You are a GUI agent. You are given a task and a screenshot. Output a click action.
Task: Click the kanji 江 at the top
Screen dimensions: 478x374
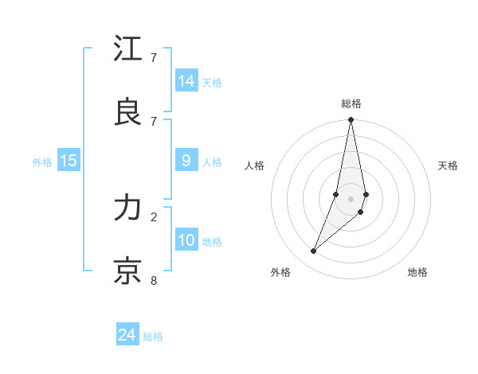pyautogui.click(x=128, y=49)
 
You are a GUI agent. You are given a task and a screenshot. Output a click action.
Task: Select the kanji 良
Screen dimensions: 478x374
pyautogui.click(x=128, y=111)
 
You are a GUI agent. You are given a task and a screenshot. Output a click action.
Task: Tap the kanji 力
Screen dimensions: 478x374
pyautogui.click(x=128, y=208)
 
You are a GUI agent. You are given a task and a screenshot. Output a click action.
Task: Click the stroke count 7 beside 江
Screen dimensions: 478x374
pyautogui.click(x=154, y=58)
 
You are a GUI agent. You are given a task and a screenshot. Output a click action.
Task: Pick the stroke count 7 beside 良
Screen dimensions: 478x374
pyautogui.click(x=154, y=120)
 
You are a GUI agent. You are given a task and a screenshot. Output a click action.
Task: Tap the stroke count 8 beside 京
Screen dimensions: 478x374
pyautogui.click(x=154, y=280)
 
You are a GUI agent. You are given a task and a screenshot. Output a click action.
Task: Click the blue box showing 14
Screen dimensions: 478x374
pyautogui.click(x=186, y=81)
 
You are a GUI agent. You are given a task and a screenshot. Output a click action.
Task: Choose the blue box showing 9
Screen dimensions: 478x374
pyautogui.click(x=186, y=161)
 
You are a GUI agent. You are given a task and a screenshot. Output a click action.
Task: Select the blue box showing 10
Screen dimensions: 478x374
pyautogui.click(x=186, y=240)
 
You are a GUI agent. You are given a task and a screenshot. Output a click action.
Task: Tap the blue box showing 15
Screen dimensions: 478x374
pyautogui.click(x=69, y=161)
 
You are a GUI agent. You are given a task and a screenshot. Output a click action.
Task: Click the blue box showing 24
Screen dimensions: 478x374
pyautogui.click(x=127, y=336)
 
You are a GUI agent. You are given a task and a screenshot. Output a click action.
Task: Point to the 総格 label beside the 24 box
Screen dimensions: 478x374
pyautogui.click(x=153, y=337)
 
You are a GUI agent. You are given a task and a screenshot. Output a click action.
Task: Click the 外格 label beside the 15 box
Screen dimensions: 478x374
pyautogui.click(x=42, y=162)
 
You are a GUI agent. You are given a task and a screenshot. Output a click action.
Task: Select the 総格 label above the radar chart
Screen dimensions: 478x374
pyautogui.click(x=351, y=103)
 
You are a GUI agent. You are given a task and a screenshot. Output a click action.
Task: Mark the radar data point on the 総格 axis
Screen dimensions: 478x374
pyautogui.click(x=351, y=120)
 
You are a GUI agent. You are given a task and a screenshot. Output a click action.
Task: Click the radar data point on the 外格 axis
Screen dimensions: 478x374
pyautogui.click(x=313, y=251)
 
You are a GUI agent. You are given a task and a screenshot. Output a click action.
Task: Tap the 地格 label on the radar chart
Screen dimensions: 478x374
pyautogui.click(x=417, y=272)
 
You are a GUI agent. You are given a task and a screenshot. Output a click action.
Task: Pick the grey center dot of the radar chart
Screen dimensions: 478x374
pyautogui.click(x=351, y=198)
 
